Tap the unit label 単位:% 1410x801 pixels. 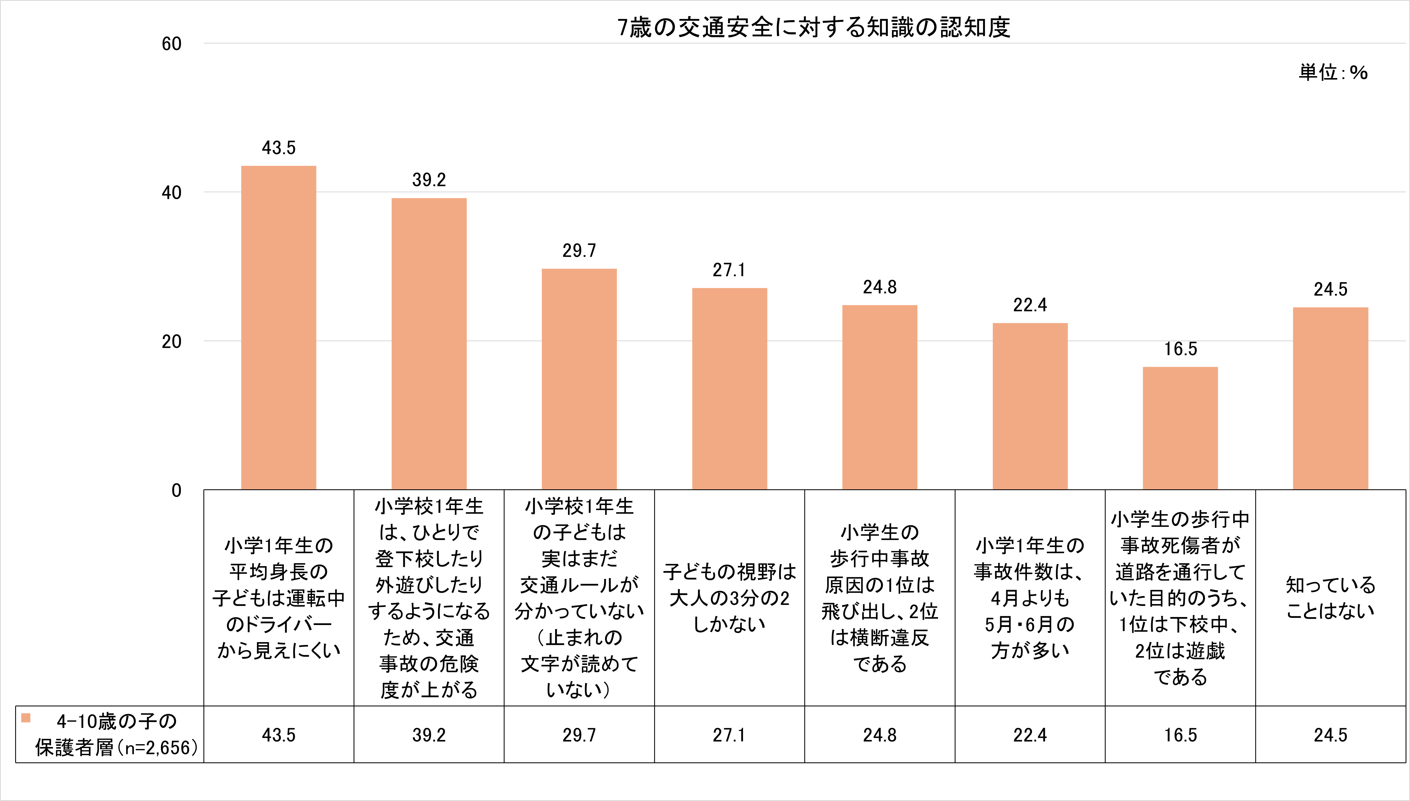point(1333,72)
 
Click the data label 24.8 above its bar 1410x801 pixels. point(880,287)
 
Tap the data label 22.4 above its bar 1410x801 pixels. point(1030,305)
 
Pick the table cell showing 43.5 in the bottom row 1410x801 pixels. point(278,735)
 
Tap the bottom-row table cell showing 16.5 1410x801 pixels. point(1180,735)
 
